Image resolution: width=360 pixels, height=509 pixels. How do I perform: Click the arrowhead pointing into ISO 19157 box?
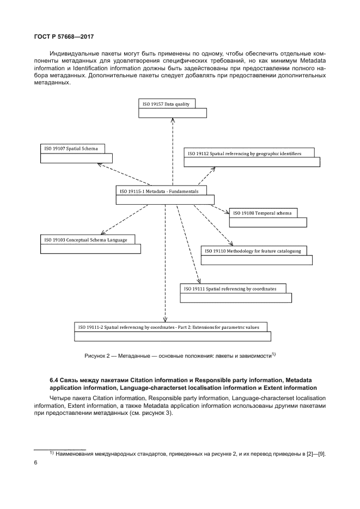tap(173, 120)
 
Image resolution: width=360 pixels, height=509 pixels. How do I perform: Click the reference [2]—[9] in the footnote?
tap(313, 454)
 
